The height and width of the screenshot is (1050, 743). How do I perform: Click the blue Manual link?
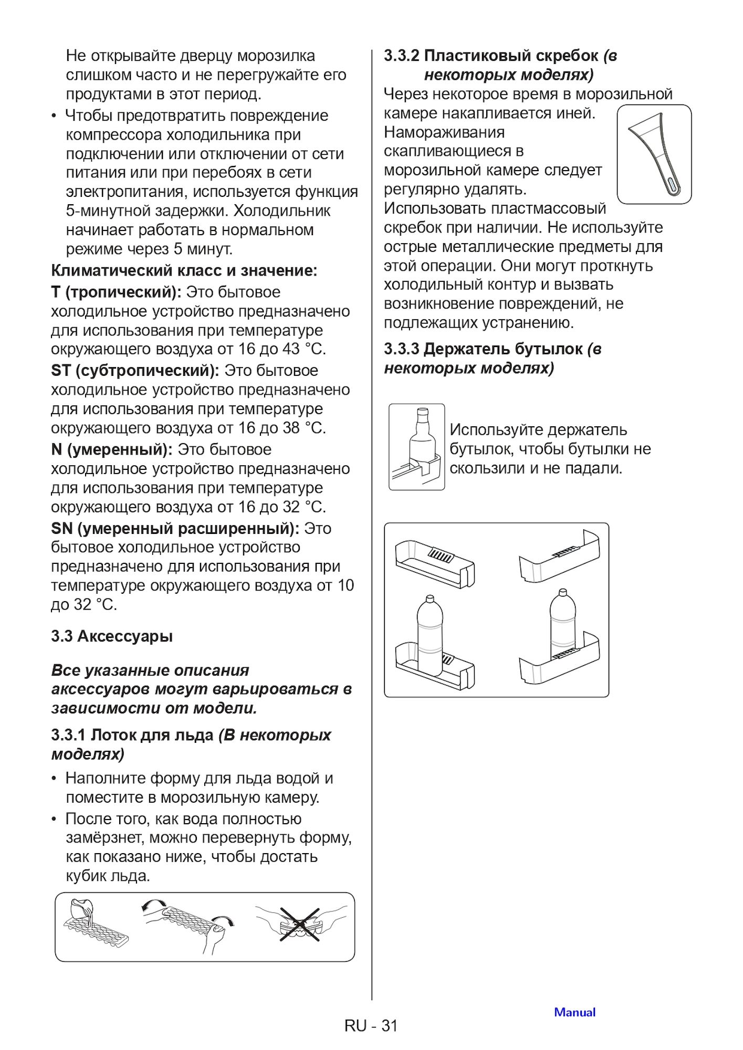pyautogui.click(x=574, y=1012)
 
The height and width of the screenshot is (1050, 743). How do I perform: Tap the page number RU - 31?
pyautogui.click(x=371, y=1026)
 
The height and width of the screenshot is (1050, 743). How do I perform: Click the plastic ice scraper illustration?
pyautogui.click(x=654, y=154)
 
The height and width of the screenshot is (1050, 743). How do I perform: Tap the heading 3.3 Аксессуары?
pyautogui.click(x=112, y=636)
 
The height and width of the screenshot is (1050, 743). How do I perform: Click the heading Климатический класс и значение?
pyautogui.click(x=184, y=271)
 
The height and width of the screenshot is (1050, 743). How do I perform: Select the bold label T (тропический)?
pyautogui.click(x=116, y=292)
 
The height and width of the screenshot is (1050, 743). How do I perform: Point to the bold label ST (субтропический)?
pyautogui.click(x=135, y=371)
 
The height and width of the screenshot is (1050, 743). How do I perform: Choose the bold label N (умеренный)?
pyautogui.click(x=111, y=450)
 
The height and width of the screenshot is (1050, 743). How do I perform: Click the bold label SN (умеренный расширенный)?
pyautogui.click(x=175, y=529)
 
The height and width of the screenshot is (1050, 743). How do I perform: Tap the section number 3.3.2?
pyautogui.click(x=401, y=56)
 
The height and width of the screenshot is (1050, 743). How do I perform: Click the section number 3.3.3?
pyautogui.click(x=401, y=349)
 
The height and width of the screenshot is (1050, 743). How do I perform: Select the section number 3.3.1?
pyautogui.click(x=68, y=735)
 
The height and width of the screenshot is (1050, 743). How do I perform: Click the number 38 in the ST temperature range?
pyautogui.click(x=291, y=428)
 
